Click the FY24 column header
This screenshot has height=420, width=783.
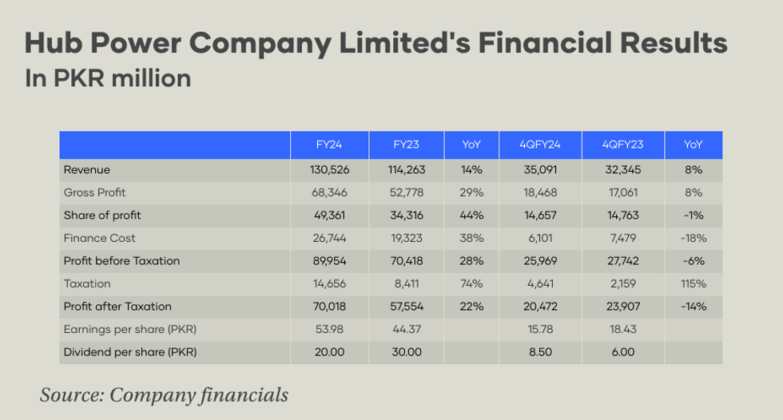point(329,145)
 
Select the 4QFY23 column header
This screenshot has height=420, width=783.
point(623,145)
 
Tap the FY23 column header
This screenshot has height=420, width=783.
point(407,145)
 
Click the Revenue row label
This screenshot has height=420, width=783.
point(86,170)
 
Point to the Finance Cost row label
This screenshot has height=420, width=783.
point(99,238)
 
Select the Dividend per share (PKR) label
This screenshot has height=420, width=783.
point(129,352)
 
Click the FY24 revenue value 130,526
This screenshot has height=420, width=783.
point(329,170)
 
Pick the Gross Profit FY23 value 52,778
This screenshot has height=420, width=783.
point(407,192)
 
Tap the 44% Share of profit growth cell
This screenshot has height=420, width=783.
point(471,216)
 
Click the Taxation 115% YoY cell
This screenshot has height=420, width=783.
point(694,283)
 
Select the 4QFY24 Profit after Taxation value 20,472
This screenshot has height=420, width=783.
point(542,307)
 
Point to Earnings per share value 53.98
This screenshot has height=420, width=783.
point(329,330)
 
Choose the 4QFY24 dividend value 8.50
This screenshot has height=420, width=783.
point(542,352)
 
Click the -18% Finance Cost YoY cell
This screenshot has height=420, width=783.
point(694,238)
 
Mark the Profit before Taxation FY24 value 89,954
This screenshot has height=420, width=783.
point(329,261)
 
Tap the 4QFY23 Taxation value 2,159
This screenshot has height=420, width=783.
point(623,283)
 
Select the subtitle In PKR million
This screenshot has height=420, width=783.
point(108,78)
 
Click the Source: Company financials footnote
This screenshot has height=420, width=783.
point(164,394)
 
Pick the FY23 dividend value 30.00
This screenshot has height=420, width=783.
point(407,352)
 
